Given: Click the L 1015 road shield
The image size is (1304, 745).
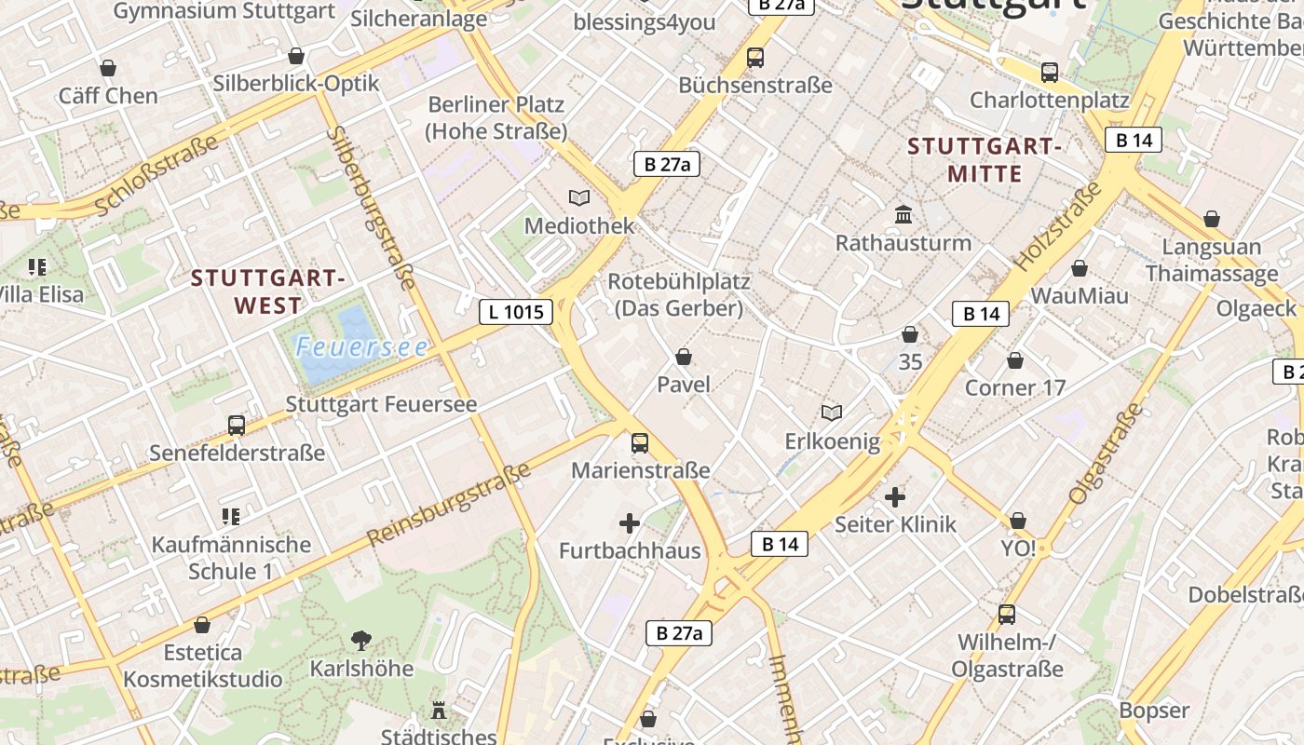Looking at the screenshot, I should click(x=516, y=311).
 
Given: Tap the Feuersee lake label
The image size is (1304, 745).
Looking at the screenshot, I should click(x=362, y=347).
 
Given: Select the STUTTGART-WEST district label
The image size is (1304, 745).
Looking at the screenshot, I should click(x=268, y=291).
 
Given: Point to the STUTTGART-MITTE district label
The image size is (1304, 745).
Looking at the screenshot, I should click(x=985, y=159).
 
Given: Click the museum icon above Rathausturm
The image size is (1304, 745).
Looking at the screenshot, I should click(x=903, y=215).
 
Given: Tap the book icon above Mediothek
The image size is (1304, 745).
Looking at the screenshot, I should click(x=579, y=197).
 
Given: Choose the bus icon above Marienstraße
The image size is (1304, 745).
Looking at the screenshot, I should click(x=640, y=442).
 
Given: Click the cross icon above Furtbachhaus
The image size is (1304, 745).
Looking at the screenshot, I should click(x=630, y=523).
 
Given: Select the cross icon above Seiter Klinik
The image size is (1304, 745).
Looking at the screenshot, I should click(x=895, y=497).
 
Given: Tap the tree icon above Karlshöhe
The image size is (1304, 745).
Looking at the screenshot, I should click(x=360, y=641).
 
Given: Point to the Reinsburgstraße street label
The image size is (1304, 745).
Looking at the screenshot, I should click(x=449, y=504).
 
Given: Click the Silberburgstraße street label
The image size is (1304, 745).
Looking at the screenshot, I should click(x=371, y=208).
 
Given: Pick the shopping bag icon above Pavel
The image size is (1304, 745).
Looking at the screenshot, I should click(x=684, y=357).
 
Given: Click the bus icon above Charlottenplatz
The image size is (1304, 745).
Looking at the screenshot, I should click(x=1050, y=72).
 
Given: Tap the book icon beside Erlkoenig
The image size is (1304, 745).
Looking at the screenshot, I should click(x=832, y=413).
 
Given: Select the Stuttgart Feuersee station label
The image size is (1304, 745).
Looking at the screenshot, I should click(x=381, y=404).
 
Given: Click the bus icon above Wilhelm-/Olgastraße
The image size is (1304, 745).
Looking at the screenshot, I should click(x=1007, y=615).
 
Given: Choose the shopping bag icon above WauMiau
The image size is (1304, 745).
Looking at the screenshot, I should click(x=1080, y=269).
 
